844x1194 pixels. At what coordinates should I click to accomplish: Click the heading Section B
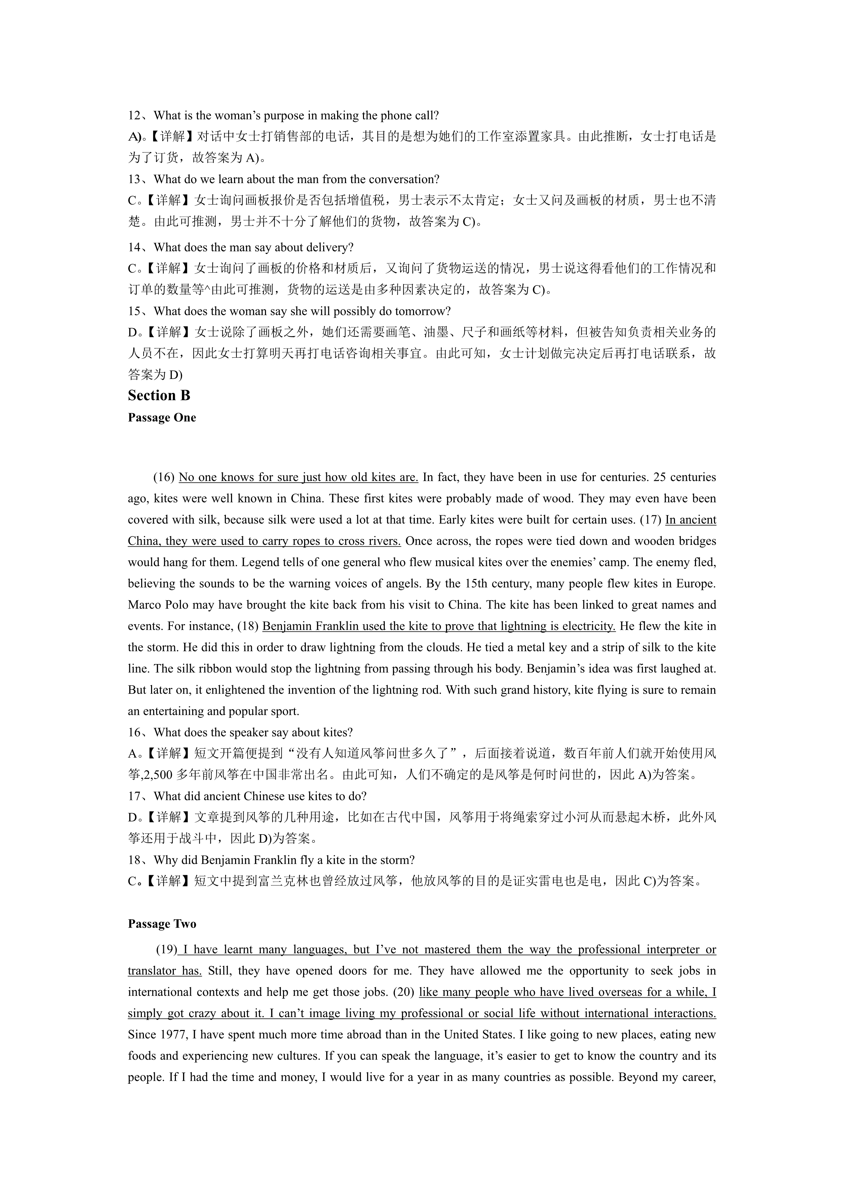[x=159, y=396]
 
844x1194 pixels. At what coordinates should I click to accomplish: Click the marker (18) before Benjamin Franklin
[x=248, y=627]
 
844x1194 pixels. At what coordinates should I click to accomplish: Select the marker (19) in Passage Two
[x=167, y=950]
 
